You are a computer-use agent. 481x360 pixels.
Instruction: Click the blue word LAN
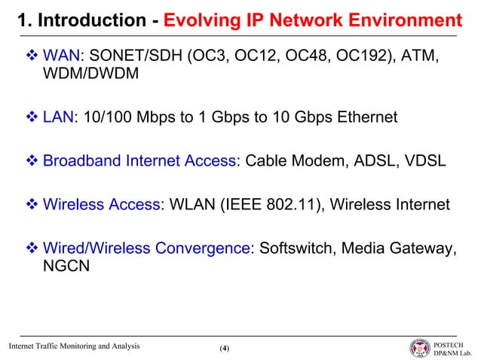pos(57,118)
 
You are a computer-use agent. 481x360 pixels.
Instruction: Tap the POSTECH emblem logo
pos(419,347)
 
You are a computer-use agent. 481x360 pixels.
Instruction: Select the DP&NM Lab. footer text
pos(455,352)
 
